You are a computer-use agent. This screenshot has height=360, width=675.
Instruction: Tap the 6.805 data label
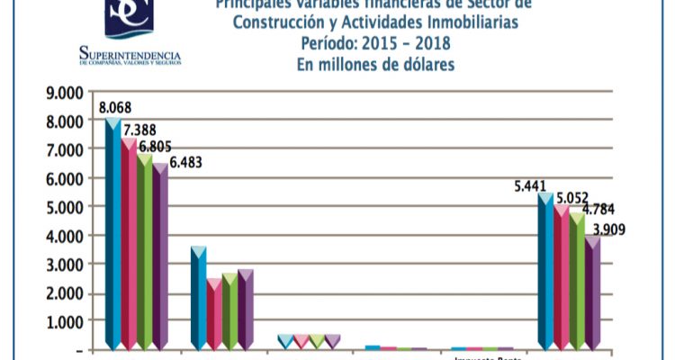154,147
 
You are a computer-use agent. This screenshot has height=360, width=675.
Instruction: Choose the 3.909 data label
607,229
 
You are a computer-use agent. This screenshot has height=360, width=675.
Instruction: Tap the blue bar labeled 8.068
112,234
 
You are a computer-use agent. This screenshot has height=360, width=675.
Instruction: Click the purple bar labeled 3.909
592,292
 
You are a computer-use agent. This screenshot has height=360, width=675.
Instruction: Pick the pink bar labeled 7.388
129,243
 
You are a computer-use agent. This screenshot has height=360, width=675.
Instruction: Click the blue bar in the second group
198,297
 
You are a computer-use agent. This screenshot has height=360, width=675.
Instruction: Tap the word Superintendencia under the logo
130,54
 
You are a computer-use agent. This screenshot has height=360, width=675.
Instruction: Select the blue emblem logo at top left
130,18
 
